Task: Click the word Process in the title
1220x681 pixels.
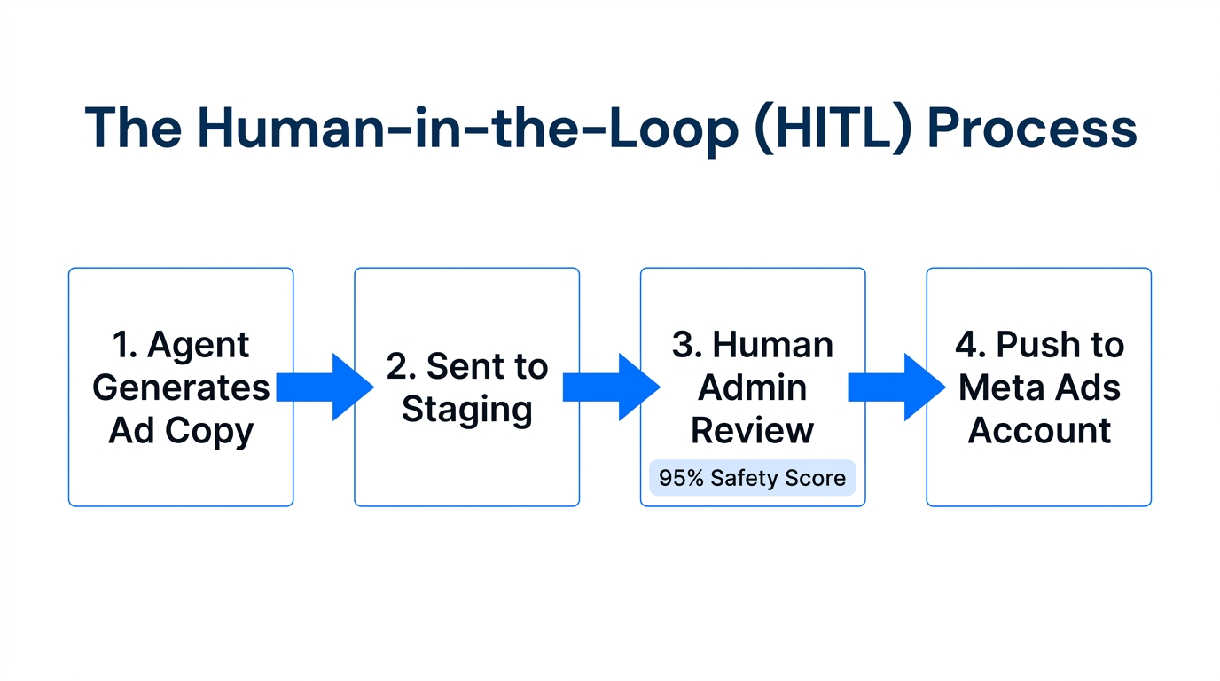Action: (1031, 129)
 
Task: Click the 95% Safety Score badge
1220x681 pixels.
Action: (752, 478)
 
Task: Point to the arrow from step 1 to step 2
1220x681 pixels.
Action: (325, 387)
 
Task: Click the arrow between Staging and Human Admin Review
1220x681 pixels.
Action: (611, 387)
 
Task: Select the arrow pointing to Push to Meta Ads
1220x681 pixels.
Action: (896, 387)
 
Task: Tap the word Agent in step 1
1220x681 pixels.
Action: (199, 346)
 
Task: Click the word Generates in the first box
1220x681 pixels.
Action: (181, 387)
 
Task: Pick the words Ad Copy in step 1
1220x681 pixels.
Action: (181, 430)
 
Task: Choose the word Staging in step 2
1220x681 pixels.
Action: (467, 410)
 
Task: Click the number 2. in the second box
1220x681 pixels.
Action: (402, 367)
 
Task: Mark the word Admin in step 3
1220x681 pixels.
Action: (753, 387)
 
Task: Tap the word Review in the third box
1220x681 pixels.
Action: (753, 430)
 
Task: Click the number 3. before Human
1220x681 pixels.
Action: (687, 345)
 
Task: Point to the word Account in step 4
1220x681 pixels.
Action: (1039, 430)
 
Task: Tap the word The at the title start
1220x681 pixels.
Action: (134, 129)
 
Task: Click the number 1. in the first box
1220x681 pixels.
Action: (125, 345)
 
